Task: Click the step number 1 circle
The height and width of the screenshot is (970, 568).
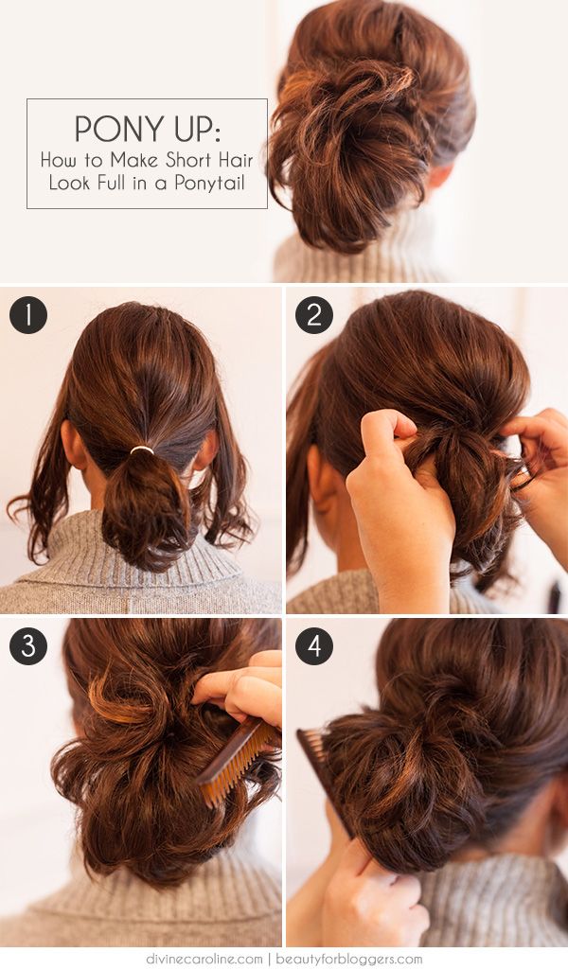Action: [x=27, y=315]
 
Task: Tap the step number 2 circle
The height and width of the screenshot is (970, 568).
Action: [x=313, y=315]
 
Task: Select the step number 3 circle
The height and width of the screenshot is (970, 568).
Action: [x=27, y=645]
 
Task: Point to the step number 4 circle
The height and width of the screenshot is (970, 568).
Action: [x=313, y=645]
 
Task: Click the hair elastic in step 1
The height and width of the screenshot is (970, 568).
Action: [x=142, y=450]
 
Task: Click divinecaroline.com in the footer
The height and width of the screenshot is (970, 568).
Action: [x=204, y=960]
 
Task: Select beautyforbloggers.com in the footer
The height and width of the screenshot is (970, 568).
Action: [x=349, y=960]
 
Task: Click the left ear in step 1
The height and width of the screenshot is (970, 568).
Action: [x=73, y=444]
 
